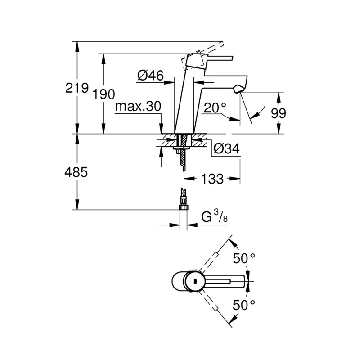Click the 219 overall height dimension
[x=76, y=88]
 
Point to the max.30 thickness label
[x=138, y=107]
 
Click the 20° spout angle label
[x=214, y=108]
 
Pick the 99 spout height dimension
[x=279, y=113]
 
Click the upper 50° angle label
[x=244, y=259]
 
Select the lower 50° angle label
[x=244, y=306]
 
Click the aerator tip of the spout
[x=238, y=88]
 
